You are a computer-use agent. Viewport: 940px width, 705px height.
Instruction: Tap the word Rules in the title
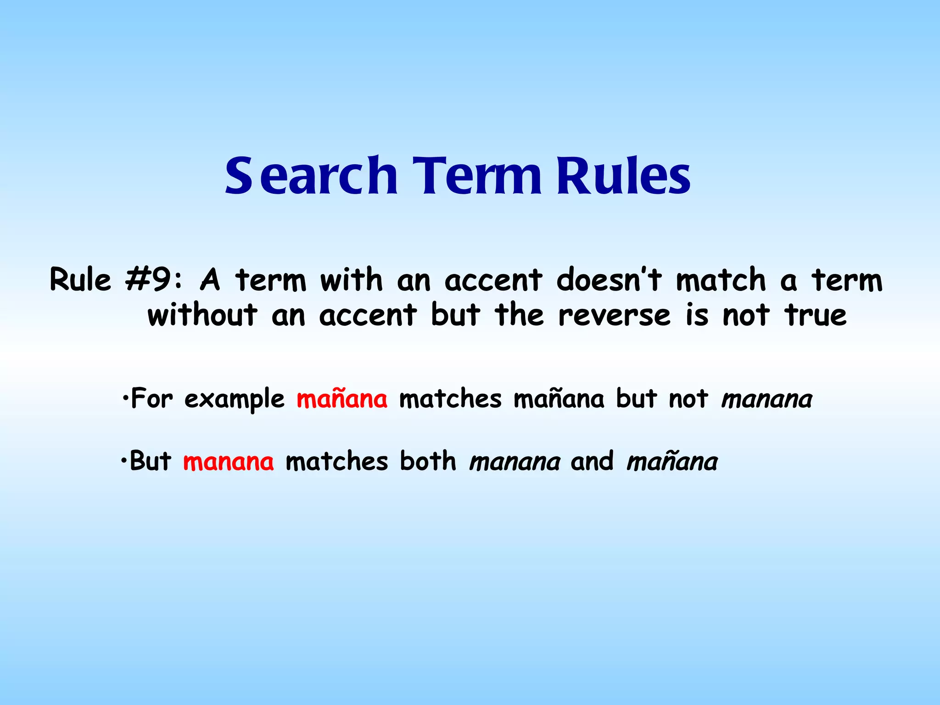coord(623,176)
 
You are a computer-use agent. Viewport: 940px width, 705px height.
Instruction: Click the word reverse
coord(614,315)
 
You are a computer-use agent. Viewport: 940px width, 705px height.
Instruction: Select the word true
coord(816,315)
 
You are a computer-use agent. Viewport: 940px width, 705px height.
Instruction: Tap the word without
coord(202,315)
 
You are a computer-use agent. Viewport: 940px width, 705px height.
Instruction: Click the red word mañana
coord(342,398)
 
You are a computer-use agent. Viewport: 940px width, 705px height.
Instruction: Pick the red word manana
coord(228,461)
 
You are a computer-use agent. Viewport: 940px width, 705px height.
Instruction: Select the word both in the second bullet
coord(428,461)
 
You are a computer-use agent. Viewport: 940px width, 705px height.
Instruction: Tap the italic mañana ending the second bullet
coord(672,461)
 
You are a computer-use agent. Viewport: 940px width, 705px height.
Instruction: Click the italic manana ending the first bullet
coord(767,399)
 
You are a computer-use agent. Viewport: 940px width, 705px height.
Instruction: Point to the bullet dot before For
coord(125,397)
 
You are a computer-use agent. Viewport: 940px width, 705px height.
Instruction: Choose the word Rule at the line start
coord(80,280)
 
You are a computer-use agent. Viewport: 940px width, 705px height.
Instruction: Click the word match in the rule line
coord(721,280)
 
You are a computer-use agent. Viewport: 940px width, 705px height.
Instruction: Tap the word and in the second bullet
coord(592,461)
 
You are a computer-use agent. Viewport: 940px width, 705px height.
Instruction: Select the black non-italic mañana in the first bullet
coord(559,398)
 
